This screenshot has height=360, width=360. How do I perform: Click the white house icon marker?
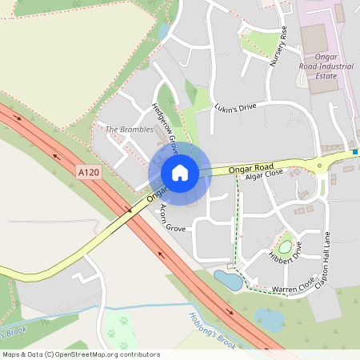pyautogui.click(x=179, y=173)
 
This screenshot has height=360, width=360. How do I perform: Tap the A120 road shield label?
pyautogui.click(x=89, y=172)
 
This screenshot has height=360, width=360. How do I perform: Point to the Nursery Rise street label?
pyautogui.click(x=278, y=46)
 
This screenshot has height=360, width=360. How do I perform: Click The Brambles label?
pyautogui.click(x=129, y=130)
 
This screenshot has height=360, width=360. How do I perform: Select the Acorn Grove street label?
pyautogui.click(x=173, y=218)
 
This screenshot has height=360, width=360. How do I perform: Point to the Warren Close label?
pyautogui.click(x=294, y=284)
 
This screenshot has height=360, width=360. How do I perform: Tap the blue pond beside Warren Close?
pyautogui.click(x=229, y=281)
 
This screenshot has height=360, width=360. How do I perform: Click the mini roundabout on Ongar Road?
pyautogui.click(x=321, y=166)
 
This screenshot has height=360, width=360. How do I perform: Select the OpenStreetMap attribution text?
pyautogui.click(x=81, y=354)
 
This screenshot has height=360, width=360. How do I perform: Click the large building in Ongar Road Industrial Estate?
pyautogui.click(x=314, y=37)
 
